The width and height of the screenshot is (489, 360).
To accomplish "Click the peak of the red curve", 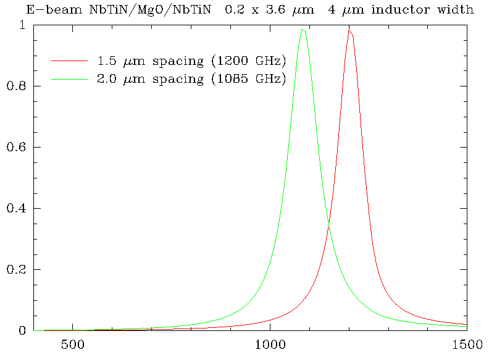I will [x=349, y=31].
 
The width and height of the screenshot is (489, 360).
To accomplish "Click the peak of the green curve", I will [x=302, y=30].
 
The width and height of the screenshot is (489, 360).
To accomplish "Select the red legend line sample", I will [x=70, y=61].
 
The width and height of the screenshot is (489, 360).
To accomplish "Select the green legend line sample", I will [x=70, y=79].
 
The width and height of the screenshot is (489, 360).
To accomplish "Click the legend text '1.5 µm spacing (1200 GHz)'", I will [x=191, y=61].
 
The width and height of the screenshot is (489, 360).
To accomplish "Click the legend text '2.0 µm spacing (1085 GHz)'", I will [x=191, y=79].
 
